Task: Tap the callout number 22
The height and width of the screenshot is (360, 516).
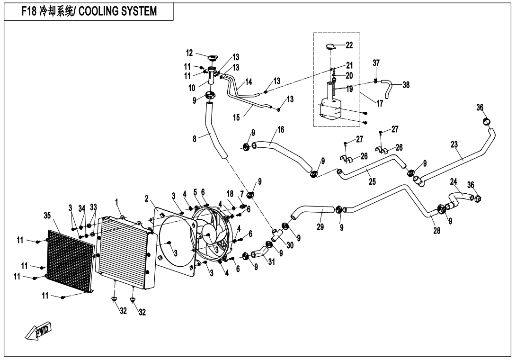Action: coord(349,45)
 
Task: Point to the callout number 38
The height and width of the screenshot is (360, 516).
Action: coord(406,85)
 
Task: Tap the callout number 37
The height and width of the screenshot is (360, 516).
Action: coord(376,63)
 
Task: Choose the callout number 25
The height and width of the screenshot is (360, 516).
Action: coord(372,181)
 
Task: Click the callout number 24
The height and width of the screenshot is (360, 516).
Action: coord(453,182)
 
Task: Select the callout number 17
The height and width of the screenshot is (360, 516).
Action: coord(380,103)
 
